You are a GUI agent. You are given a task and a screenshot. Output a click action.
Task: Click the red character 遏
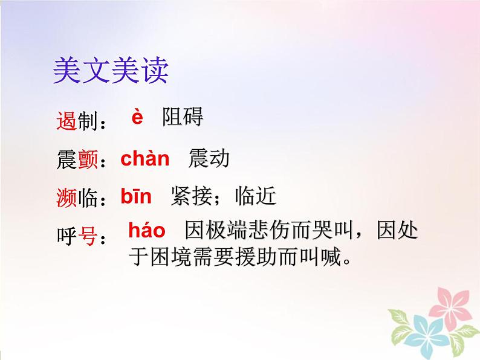(66, 121)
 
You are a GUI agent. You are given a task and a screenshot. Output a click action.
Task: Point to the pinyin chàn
(145, 159)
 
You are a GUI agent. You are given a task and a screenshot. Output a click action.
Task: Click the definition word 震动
(209, 159)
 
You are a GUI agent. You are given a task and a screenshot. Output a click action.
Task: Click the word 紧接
(191, 196)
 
